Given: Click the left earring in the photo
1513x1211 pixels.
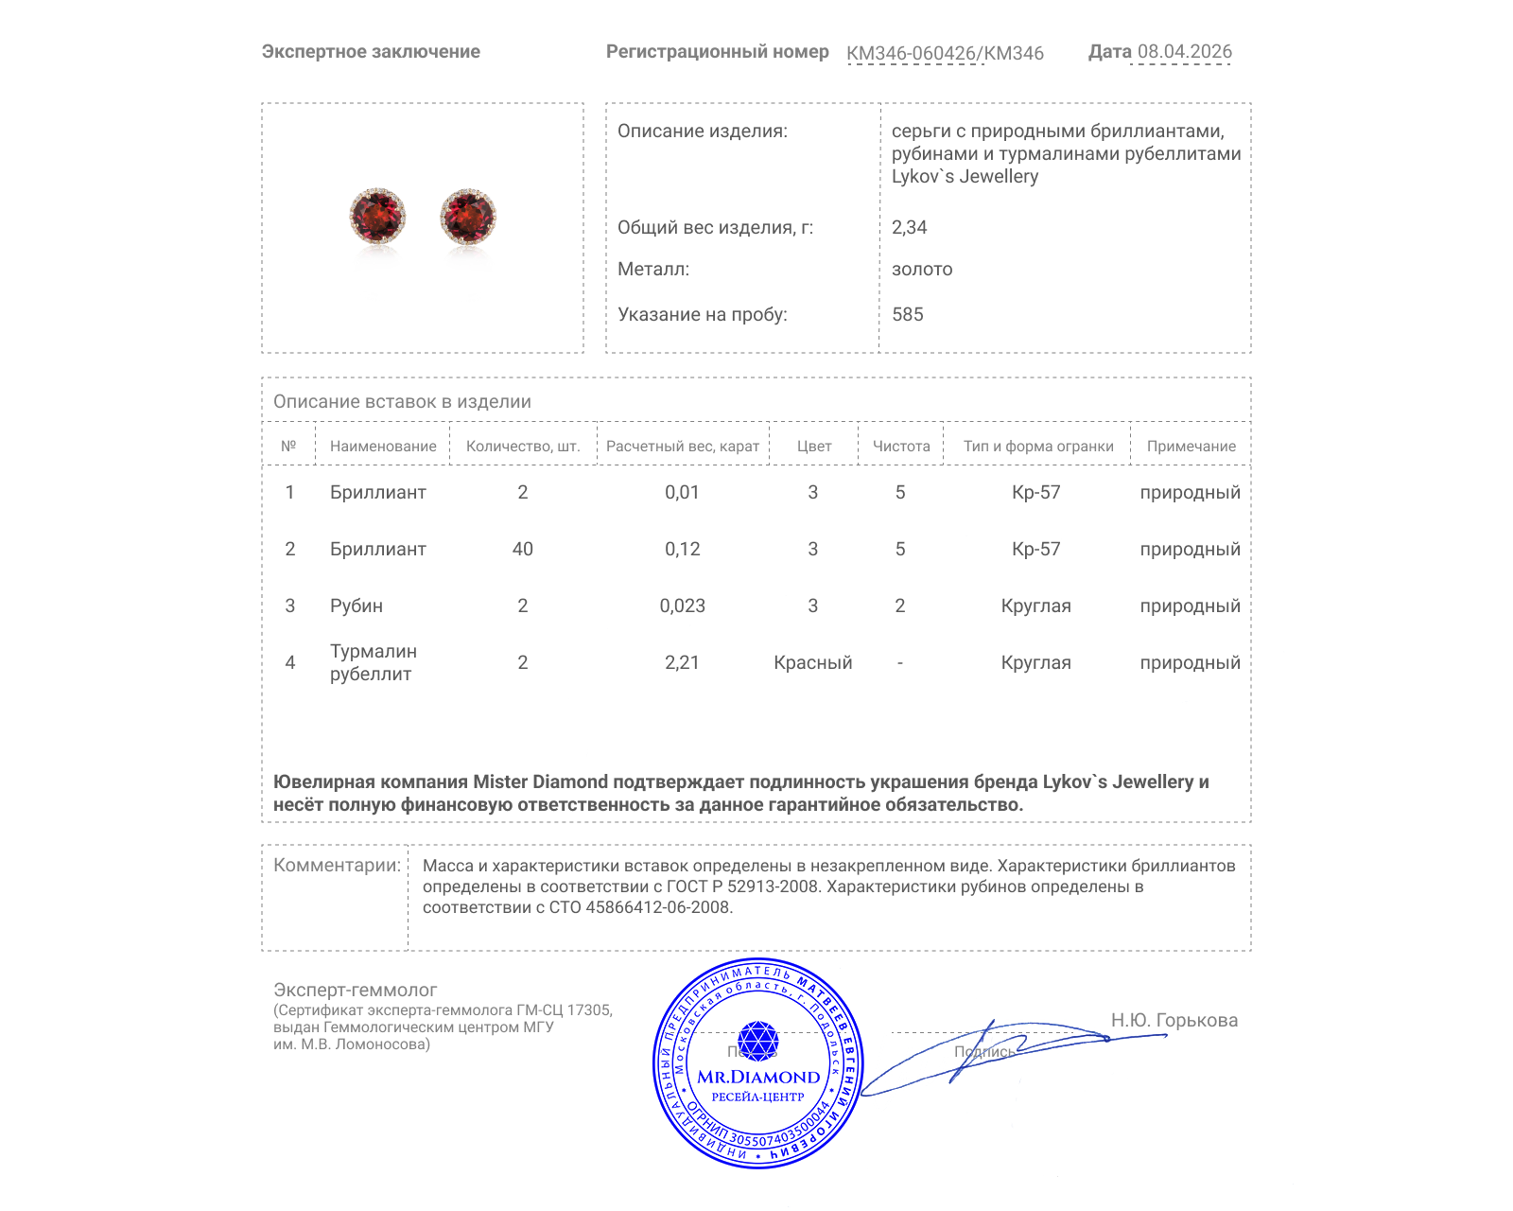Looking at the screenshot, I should point(377,215).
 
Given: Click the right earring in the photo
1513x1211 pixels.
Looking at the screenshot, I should point(468,216).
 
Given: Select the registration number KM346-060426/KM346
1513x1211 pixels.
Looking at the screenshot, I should point(945,53).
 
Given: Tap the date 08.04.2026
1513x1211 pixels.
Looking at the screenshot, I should point(1184,51).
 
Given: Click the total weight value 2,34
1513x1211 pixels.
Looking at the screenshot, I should point(909,227).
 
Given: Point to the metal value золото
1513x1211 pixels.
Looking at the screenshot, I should point(922,269).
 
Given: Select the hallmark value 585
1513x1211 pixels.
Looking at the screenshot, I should point(907,314).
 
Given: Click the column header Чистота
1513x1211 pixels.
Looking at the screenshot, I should point(900,446).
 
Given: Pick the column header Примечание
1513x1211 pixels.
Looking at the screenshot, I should point(1191,446).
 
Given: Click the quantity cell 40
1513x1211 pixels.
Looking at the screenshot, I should point(522,549).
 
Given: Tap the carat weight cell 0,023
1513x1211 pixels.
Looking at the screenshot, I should point(682,605).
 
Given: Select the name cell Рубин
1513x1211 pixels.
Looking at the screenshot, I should point(356,605).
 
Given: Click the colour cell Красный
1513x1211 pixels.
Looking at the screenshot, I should point(812,662).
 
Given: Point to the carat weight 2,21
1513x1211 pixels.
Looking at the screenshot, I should point(682,662).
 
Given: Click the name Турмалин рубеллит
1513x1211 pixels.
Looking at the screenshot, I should point(373,662).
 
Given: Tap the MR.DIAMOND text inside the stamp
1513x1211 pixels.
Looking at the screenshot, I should point(758,1077).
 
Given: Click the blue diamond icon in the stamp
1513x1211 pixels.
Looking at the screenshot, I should point(757,1040).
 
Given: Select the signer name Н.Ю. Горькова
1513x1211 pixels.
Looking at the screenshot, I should point(1174,1020).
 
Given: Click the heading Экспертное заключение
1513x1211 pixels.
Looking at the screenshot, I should point(371,51).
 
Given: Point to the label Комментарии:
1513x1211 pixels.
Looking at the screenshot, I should point(337,865).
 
